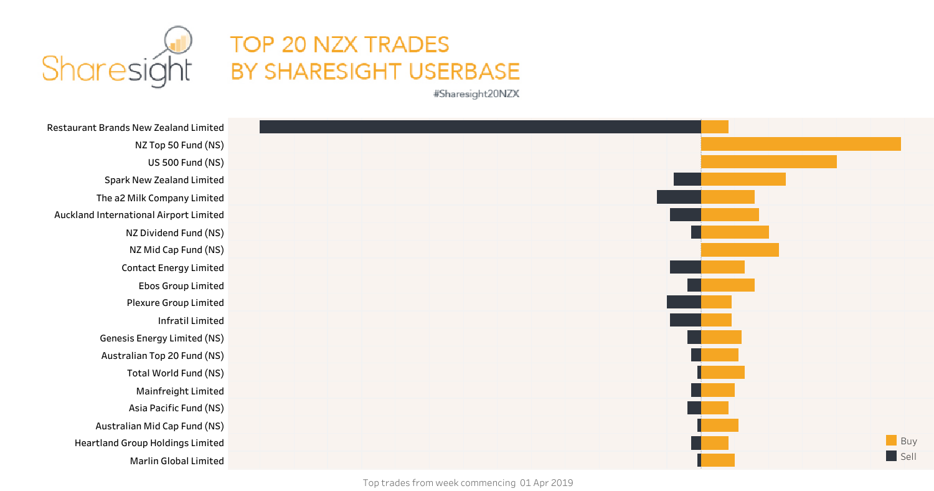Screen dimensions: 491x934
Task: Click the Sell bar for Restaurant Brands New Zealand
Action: point(480,126)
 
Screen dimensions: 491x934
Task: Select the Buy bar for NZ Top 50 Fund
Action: point(801,144)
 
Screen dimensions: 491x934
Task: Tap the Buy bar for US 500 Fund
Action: point(768,161)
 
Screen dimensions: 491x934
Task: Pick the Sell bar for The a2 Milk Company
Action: point(679,197)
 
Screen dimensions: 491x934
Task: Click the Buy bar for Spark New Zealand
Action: point(743,179)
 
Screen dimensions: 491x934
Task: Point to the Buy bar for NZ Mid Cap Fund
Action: point(740,250)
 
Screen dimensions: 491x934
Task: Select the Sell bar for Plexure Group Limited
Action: point(684,302)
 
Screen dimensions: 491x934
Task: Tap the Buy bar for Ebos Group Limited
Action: point(728,285)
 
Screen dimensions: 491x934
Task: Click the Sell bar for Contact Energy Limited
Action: point(686,267)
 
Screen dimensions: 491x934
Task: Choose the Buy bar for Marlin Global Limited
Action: point(718,460)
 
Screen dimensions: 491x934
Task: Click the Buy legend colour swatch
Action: point(892,441)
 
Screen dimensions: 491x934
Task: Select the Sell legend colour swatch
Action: point(892,456)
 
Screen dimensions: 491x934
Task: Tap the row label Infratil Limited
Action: point(191,320)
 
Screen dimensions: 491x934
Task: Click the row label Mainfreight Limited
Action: point(180,391)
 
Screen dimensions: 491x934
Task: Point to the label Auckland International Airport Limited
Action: point(139,215)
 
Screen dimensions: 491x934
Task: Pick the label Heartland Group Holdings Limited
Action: point(149,443)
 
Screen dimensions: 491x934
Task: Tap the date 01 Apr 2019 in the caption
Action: point(546,483)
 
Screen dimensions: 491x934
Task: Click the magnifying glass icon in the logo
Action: point(179,42)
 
